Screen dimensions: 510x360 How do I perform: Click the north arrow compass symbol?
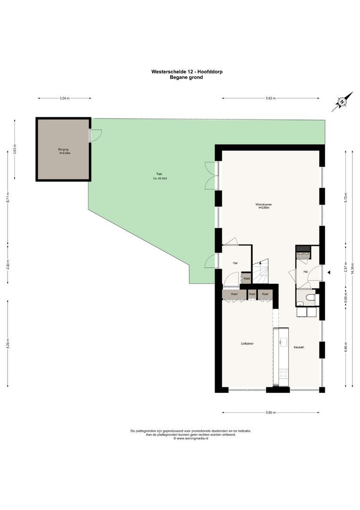pyautogui.click(x=342, y=102)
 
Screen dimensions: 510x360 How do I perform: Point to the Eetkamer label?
pyautogui.click(x=247, y=343)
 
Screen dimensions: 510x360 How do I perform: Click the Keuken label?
pyautogui.click(x=298, y=347)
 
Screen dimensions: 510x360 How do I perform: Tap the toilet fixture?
pyautogui.click(x=309, y=297)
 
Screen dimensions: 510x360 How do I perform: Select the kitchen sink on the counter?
pyautogui.click(x=284, y=341)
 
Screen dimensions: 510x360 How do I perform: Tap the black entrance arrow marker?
pyautogui.click(x=329, y=272)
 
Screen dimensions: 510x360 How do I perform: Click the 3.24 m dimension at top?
pyautogui.click(x=65, y=98)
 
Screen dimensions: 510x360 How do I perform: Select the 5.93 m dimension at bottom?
pyautogui.click(x=270, y=413)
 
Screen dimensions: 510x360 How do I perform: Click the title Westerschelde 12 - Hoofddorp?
pyautogui.click(x=186, y=72)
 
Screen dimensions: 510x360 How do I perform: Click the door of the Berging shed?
pyautogui.click(x=94, y=135)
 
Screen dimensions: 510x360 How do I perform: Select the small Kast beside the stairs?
pyautogui.click(x=247, y=279)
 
